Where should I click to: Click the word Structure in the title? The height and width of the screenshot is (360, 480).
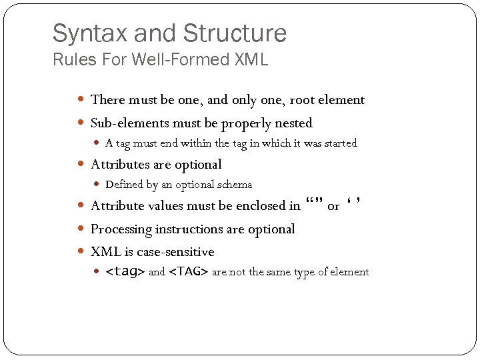point(234,33)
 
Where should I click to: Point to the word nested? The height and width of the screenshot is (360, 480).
point(294,123)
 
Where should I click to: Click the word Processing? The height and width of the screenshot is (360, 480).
point(121,229)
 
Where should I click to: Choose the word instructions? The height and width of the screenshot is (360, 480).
point(187,229)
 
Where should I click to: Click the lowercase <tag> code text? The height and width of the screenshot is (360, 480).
point(125,272)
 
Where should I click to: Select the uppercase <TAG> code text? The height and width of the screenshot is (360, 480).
point(189,272)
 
